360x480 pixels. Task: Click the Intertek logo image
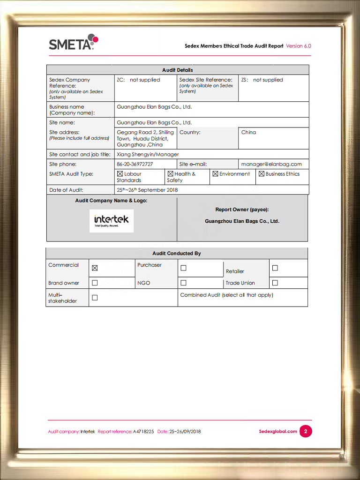(112, 221)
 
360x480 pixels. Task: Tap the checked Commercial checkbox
(95, 268)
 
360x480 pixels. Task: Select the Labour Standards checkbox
(120, 174)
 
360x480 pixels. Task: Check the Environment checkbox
(215, 174)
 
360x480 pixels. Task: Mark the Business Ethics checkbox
(262, 174)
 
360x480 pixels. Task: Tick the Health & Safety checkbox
(171, 174)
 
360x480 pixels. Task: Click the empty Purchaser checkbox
(183, 268)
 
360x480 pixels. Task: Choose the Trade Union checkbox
(275, 283)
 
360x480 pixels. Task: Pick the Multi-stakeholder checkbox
(95, 298)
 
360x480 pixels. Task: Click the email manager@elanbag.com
(271, 164)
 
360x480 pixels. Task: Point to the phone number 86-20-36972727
(135, 164)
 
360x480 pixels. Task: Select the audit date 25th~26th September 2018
(147, 190)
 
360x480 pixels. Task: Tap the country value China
(248, 132)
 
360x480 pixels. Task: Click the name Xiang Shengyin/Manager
(148, 154)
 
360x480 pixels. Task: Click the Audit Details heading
(177, 70)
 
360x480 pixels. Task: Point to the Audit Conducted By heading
(176, 253)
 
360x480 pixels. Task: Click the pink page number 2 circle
(306, 431)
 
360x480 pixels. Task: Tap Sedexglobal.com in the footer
(278, 431)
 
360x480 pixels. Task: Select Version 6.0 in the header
(299, 46)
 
